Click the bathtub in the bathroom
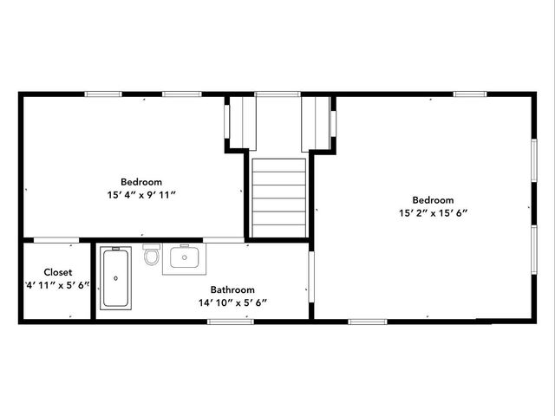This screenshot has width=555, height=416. pos(116,277)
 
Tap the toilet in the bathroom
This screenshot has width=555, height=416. pos(152,256)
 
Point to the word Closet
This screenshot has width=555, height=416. pos(58,272)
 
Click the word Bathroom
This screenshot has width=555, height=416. pos(232,289)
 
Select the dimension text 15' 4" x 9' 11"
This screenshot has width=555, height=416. pos(141,195)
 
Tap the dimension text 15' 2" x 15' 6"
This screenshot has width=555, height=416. pos(434,212)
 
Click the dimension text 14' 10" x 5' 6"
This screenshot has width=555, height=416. pos(232,302)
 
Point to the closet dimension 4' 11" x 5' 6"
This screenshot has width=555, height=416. pos(58,285)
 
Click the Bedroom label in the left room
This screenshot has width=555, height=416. pos(141,182)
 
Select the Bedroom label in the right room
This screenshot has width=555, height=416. pos(434,199)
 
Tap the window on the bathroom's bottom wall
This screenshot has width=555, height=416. pos(231,322)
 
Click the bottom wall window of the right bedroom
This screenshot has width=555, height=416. pos(368,322)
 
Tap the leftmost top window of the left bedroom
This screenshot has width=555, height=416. pos(102,94)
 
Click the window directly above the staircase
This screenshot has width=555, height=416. pos(277,94)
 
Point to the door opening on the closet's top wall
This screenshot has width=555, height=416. pos(56,239)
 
